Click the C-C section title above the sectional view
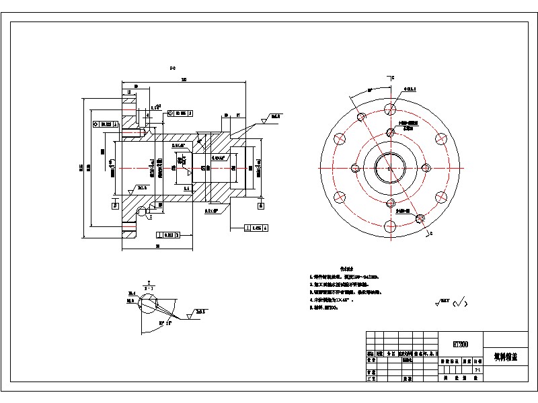click(173, 67)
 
